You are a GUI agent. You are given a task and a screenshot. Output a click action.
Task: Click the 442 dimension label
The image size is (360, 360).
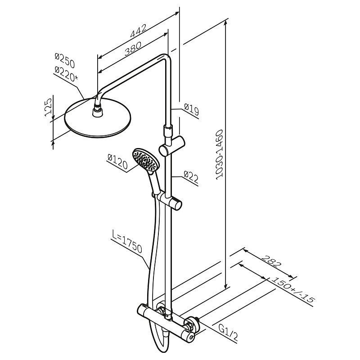pos(138,31)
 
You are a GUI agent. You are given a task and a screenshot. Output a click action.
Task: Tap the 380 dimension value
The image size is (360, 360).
pos(133,49)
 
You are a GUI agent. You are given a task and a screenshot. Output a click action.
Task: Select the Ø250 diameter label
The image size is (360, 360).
pos(65,60)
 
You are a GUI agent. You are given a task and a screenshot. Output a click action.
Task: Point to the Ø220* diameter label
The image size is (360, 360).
pos(66,73)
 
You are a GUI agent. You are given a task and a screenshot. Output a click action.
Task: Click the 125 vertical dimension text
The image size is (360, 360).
pos(48,107)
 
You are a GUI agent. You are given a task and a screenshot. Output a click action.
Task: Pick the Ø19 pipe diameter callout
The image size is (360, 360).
pos(192,109)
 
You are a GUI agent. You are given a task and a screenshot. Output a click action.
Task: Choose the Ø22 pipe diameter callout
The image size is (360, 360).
pos(191,177)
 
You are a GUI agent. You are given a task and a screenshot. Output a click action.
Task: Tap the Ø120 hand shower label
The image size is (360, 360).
pos(117,162)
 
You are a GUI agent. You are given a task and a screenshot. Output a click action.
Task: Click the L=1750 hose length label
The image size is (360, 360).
pos(127,242)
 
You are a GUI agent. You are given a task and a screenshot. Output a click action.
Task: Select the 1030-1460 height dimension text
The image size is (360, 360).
pos(220,155)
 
